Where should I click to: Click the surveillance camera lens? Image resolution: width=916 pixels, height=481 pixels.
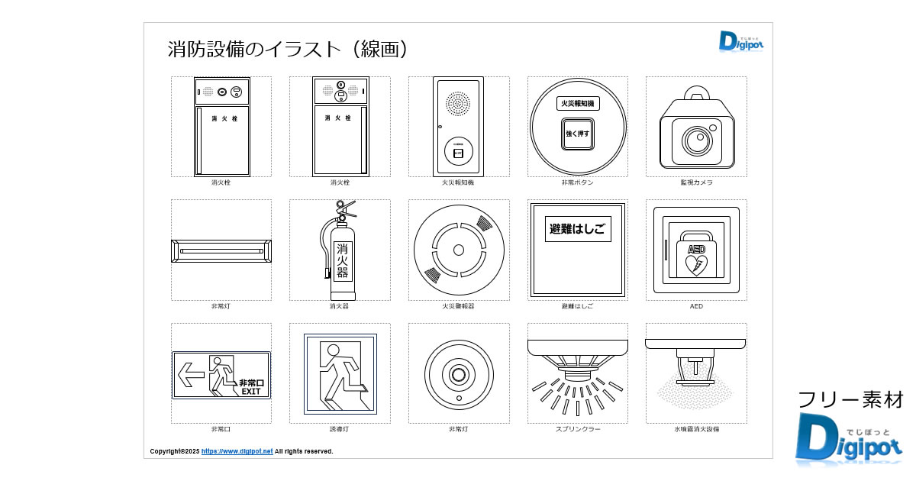(x=695, y=140)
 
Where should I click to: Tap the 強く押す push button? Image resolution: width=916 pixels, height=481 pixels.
(x=578, y=133)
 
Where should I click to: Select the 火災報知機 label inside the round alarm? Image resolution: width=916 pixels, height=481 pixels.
(x=578, y=103)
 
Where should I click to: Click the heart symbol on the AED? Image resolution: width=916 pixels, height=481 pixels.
(x=696, y=265)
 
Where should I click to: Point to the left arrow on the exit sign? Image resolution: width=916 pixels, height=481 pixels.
(x=191, y=374)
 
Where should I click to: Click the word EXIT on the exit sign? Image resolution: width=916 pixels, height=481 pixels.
(x=251, y=392)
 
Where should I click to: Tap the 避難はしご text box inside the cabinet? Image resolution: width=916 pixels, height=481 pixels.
(x=578, y=228)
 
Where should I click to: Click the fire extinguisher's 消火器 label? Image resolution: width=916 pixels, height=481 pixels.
(x=343, y=260)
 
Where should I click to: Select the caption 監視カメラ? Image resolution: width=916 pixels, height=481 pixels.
(x=696, y=182)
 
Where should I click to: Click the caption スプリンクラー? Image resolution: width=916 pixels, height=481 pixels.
(x=578, y=429)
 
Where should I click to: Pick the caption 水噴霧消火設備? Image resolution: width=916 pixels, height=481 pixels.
(x=696, y=429)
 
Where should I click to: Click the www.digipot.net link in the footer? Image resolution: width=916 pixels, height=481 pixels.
(x=237, y=451)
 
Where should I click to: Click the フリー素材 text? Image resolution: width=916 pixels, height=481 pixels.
(x=850, y=399)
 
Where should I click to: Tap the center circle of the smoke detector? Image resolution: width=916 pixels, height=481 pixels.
(x=459, y=250)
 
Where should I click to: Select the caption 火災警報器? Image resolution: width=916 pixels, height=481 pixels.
(x=459, y=306)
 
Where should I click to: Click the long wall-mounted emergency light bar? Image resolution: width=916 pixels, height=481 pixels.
(x=221, y=250)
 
